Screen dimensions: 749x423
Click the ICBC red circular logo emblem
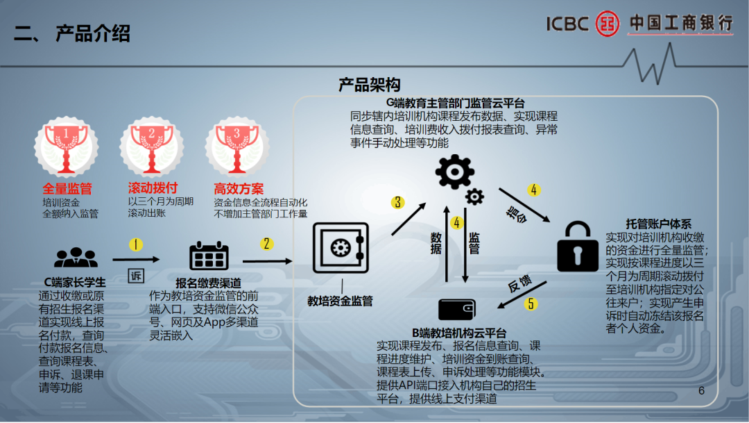[607, 24]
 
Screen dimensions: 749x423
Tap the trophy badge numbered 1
[67, 147]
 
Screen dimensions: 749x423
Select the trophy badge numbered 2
[152, 147]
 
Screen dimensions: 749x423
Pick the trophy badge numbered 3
[237, 147]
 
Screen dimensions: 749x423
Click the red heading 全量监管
[67, 188]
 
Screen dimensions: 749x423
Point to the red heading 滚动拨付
[153, 188]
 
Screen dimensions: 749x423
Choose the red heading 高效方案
[239, 188]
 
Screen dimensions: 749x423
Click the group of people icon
[76, 258]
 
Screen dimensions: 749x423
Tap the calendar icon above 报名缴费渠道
[209, 256]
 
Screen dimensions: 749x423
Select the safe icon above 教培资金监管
[341, 248]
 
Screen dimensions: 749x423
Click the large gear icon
[455, 172]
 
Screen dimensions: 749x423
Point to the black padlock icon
[578, 246]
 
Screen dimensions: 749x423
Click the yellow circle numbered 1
[136, 245]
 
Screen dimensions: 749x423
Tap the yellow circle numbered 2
[266, 244]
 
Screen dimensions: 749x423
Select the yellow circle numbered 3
[397, 202]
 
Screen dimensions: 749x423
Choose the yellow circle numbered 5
[531, 304]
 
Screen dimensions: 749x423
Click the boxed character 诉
[136, 276]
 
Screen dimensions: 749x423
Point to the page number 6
[701, 390]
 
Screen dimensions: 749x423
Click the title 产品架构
[369, 85]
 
